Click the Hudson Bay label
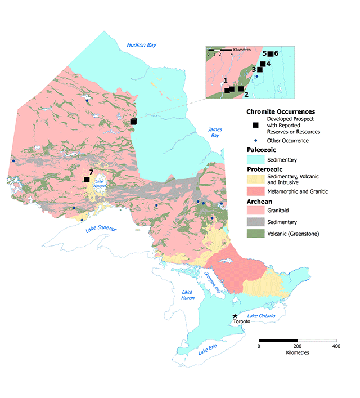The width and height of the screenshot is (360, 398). point(141,46)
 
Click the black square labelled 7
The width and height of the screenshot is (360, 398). point(87,179)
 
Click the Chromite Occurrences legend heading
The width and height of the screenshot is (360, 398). point(281,111)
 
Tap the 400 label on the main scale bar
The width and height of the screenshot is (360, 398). point(335,346)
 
